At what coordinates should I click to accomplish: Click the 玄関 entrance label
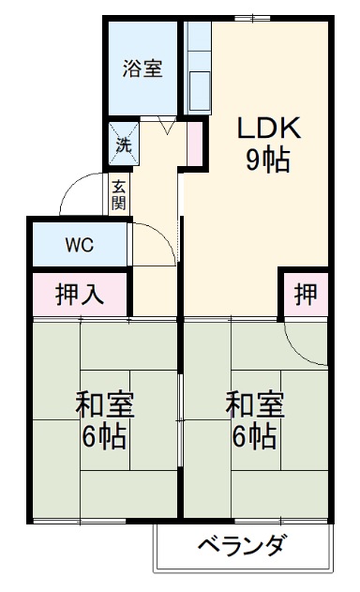[119, 194]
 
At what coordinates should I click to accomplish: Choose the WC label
[79, 246]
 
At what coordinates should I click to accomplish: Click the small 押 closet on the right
[306, 294]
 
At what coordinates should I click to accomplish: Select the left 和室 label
[105, 406]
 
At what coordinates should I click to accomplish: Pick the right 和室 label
[255, 406]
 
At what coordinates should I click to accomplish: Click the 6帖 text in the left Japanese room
[105, 436]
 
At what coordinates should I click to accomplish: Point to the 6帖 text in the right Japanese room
[255, 436]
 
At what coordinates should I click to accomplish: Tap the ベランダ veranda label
[242, 547]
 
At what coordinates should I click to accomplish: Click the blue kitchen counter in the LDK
[198, 66]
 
